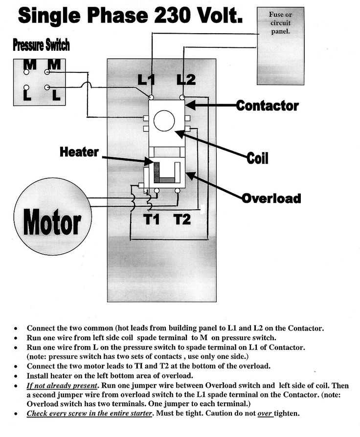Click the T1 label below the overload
[x=152, y=219]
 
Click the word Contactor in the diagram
[x=267, y=105]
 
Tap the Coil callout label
[x=257, y=158]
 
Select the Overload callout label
[x=270, y=198]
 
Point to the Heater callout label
[x=79, y=152]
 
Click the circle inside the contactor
[x=164, y=120]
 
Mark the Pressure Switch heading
[x=41, y=45]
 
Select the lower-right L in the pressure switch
[x=55, y=94]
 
